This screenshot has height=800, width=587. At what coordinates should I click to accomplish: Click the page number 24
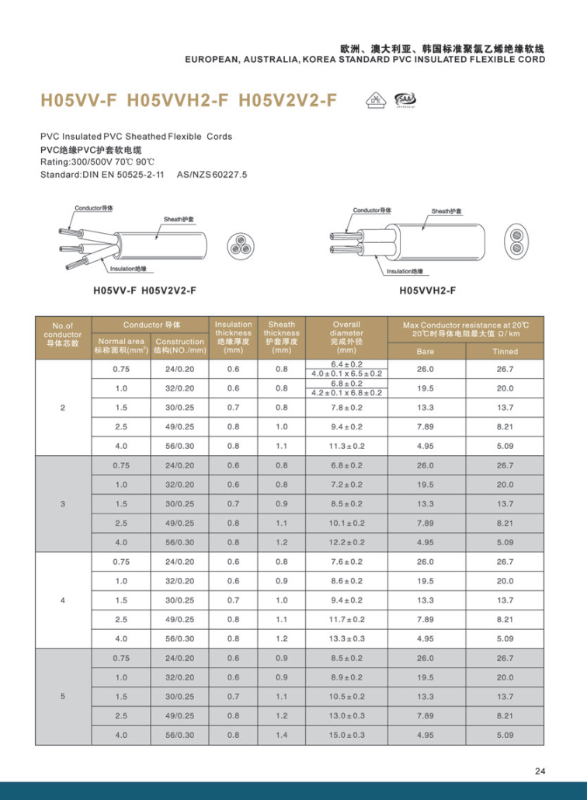click(x=540, y=770)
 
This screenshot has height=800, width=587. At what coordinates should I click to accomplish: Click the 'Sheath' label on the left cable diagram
click(x=178, y=220)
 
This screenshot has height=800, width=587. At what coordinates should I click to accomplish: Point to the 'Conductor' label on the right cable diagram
click(x=372, y=210)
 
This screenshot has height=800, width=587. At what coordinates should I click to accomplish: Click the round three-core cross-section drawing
click(x=241, y=245)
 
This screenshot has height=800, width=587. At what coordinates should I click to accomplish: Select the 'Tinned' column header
click(x=505, y=352)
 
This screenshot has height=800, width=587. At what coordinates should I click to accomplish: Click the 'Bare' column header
click(x=425, y=352)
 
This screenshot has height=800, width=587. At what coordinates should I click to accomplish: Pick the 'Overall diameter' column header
click(x=346, y=337)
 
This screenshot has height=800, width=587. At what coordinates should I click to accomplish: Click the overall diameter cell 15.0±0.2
click(x=346, y=735)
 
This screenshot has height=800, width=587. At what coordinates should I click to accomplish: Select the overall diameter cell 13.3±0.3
click(x=346, y=638)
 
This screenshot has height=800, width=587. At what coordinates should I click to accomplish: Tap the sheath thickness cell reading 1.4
click(x=281, y=735)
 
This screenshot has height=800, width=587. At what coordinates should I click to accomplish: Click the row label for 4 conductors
click(x=63, y=600)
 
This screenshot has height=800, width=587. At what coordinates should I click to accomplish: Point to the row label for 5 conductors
click(x=63, y=697)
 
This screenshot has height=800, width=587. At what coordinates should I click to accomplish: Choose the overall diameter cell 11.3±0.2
click(x=346, y=446)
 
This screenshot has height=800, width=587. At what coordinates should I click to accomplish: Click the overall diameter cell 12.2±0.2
click(x=346, y=542)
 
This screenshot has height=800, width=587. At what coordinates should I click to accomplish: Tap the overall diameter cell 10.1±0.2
click(x=346, y=523)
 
